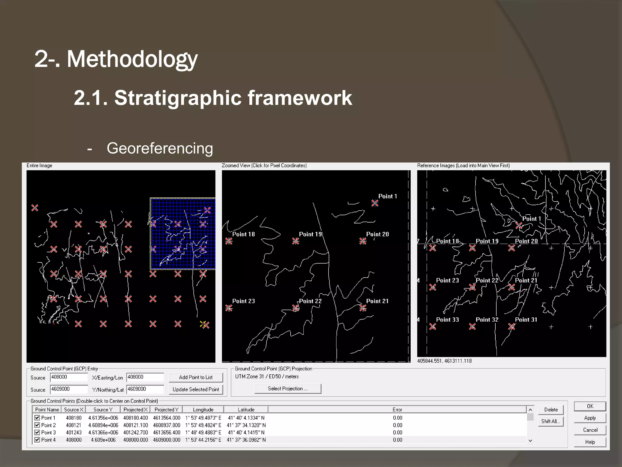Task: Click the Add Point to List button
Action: [x=196, y=377]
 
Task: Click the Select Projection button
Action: [x=288, y=389]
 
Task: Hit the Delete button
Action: [x=551, y=410]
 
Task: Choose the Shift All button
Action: [x=551, y=421]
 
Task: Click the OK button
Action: [x=590, y=406]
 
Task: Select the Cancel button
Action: [x=590, y=430]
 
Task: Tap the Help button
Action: [x=590, y=442]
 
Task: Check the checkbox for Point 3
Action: [x=37, y=432]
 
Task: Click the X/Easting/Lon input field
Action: [x=145, y=377]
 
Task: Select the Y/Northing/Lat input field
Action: [x=145, y=389]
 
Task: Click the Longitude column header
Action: [x=203, y=410]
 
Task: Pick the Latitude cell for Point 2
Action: [x=246, y=425]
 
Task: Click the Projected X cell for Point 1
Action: [x=135, y=418]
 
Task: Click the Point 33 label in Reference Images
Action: [x=447, y=320]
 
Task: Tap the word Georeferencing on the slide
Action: [x=160, y=148]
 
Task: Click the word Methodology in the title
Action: [x=132, y=59]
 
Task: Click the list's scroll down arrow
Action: [x=530, y=441]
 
